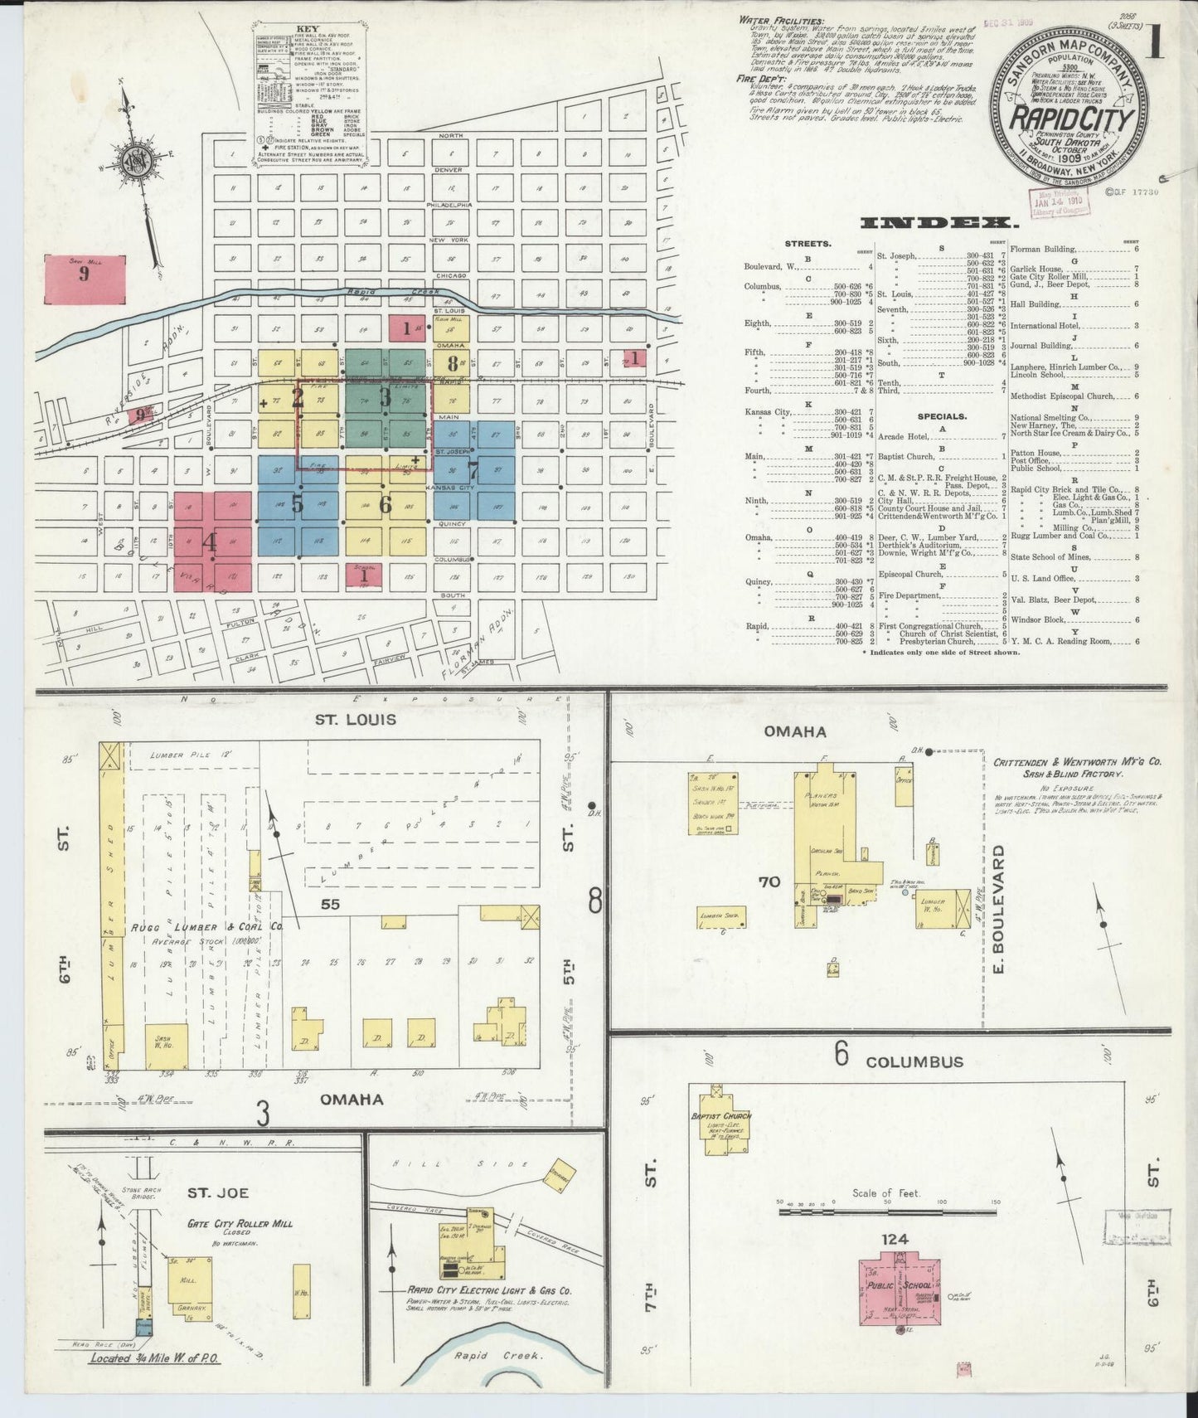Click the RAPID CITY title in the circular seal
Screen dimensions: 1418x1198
(1071, 119)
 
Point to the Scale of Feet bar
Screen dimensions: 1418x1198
(887, 1212)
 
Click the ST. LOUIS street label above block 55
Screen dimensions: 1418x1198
(355, 720)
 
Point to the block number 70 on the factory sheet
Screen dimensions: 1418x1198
(769, 881)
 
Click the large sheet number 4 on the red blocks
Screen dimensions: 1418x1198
(211, 543)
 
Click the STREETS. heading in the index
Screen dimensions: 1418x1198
(808, 244)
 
